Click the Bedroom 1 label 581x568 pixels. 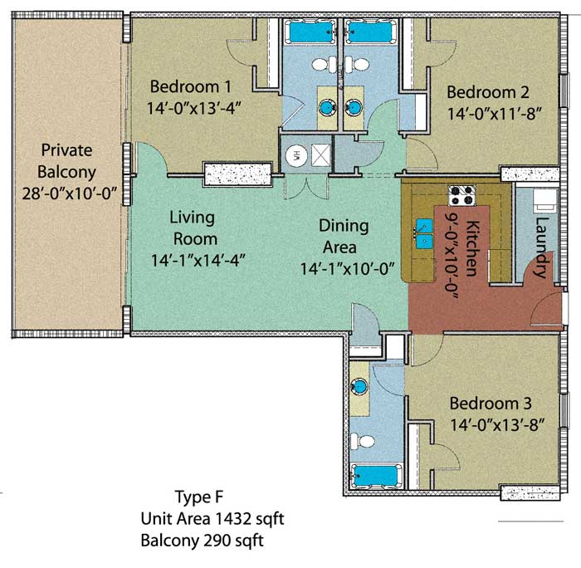(190, 86)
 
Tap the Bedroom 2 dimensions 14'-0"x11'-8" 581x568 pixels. (495, 114)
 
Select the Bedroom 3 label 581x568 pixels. (491, 404)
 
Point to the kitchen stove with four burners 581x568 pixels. (461, 195)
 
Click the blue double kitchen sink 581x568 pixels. (424, 233)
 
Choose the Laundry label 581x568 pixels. (542, 247)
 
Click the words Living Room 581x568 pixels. (193, 228)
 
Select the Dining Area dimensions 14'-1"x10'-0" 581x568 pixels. (347, 269)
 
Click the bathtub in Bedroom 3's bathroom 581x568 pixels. (376, 476)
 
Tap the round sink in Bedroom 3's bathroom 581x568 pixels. (359, 386)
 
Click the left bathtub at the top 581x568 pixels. (310, 32)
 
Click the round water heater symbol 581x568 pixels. (297, 156)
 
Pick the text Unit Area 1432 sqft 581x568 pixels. (212, 519)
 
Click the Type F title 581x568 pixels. (199, 497)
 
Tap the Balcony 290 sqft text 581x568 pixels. (202, 541)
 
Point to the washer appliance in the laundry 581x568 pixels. (545, 200)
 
